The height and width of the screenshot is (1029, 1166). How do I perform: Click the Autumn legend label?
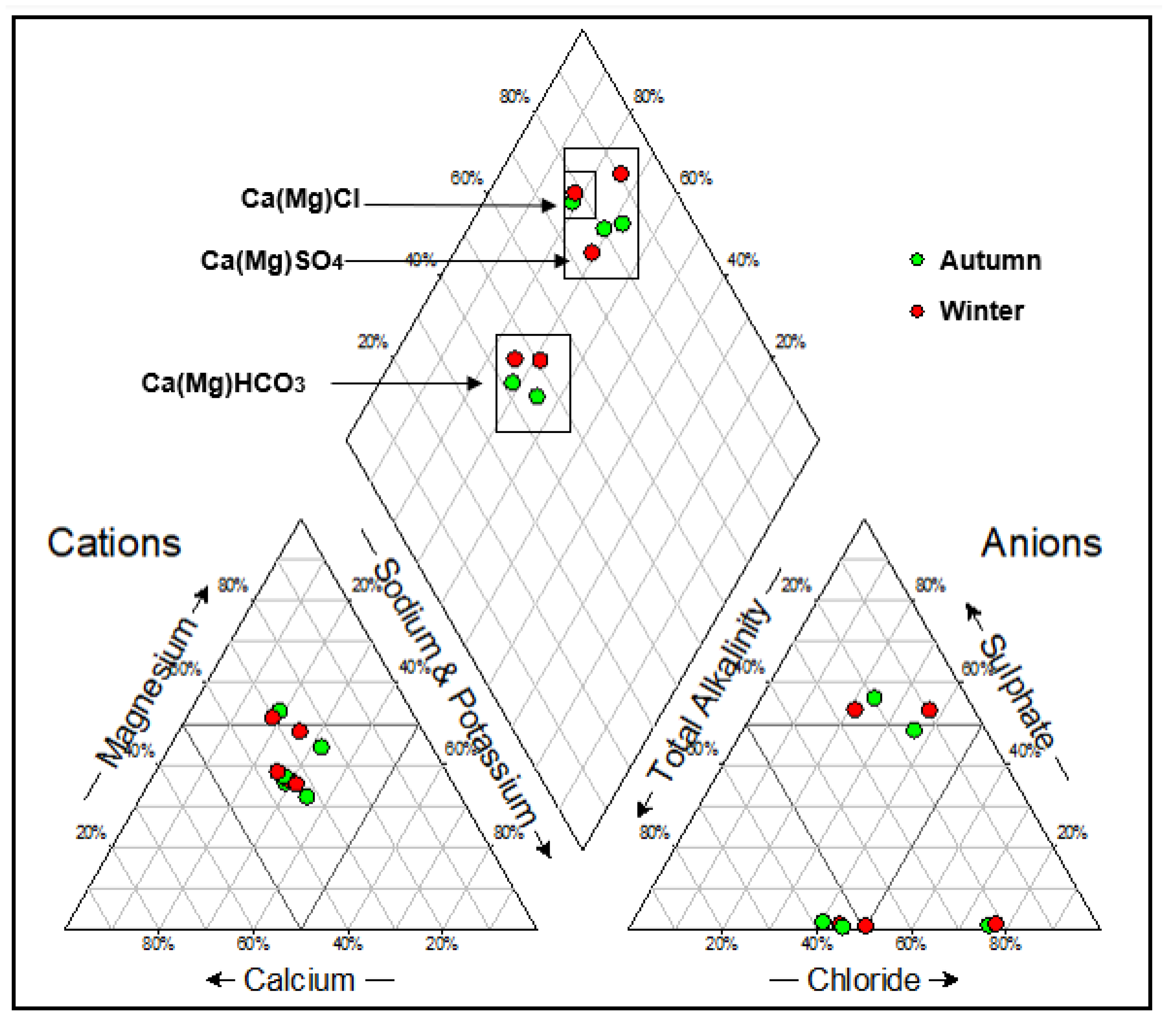click(990, 261)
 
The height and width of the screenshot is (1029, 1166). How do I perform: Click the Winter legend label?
click(981, 311)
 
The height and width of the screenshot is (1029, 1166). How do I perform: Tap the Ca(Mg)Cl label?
click(300, 198)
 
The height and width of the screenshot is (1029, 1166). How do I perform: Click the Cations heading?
click(114, 543)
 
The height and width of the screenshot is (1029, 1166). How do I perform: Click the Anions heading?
click(1041, 543)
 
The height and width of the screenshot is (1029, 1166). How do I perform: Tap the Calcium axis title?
click(300, 980)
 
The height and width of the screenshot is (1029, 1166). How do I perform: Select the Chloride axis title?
click(863, 980)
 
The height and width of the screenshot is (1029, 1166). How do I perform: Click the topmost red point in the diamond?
click(621, 173)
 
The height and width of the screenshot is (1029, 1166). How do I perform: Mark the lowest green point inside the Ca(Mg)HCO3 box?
click(537, 396)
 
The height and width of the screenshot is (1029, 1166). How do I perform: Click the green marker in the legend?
click(917, 260)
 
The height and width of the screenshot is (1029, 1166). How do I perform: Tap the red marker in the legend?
click(917, 311)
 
